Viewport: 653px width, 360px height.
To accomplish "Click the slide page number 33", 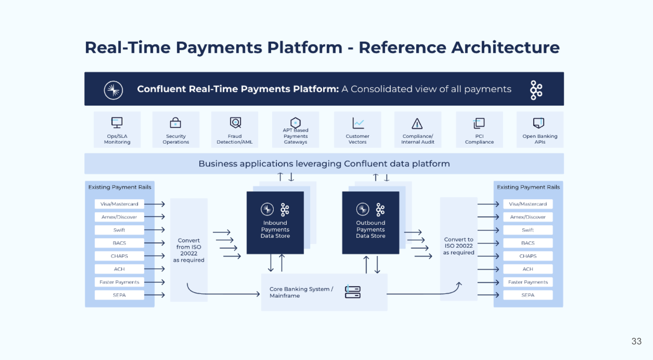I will (x=636, y=341).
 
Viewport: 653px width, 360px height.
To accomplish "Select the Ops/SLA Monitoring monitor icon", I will (x=117, y=122).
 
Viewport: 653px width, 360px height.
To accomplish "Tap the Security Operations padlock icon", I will (x=176, y=123).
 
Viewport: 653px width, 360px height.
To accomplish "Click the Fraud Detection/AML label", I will (x=234, y=139).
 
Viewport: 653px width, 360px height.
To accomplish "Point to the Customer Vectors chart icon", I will (x=358, y=123).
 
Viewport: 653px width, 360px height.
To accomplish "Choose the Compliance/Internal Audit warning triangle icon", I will (x=417, y=124).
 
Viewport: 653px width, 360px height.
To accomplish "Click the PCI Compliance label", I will (x=479, y=139).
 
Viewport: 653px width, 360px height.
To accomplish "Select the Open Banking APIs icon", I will (x=539, y=123).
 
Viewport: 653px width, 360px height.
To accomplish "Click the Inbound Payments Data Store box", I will (x=275, y=222).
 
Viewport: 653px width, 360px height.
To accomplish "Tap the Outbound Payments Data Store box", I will (x=371, y=222).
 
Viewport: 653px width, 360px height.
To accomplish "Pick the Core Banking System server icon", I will (x=352, y=292).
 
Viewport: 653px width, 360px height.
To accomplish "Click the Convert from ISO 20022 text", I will (x=189, y=250).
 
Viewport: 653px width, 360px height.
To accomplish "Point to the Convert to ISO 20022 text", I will (x=458, y=246).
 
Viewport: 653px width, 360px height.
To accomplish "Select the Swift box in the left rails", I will (x=119, y=230).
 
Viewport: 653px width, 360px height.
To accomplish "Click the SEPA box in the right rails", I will (x=528, y=295).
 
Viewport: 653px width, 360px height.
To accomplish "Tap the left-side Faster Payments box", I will (x=119, y=282).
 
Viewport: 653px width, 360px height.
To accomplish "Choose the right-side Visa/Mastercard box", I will (x=528, y=204).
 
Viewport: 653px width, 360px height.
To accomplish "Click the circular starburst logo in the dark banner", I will (x=113, y=90).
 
